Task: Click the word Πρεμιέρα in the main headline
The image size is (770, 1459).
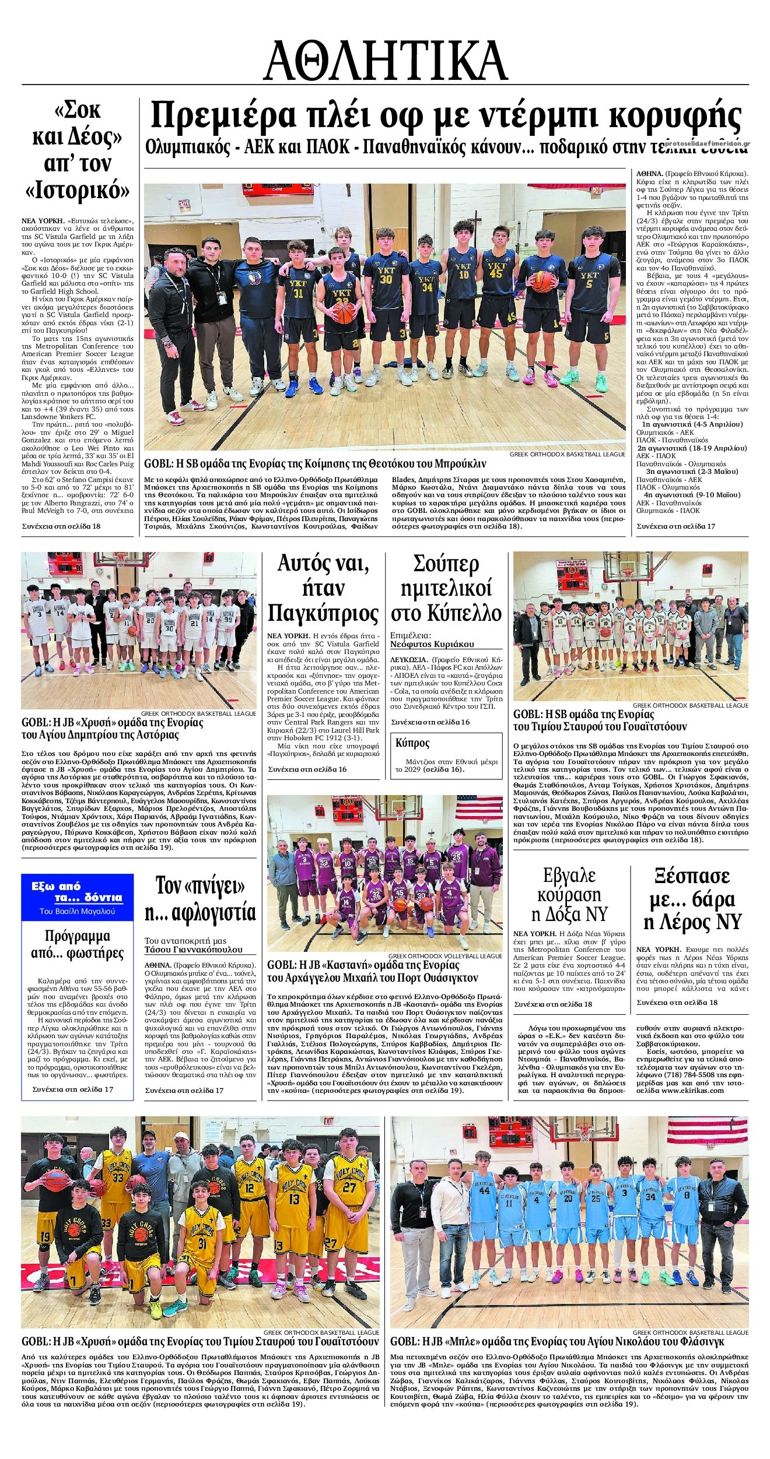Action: click(x=222, y=116)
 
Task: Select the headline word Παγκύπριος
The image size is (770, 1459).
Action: click(x=323, y=613)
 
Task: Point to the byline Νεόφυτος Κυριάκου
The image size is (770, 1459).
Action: click(x=432, y=644)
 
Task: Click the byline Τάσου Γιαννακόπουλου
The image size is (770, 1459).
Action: click(x=194, y=950)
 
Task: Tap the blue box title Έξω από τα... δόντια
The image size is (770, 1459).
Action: click(x=77, y=892)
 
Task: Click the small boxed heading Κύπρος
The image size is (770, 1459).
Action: click(x=412, y=743)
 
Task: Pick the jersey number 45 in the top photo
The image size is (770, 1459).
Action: click(x=496, y=273)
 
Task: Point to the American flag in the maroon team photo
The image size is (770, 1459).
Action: click(x=480, y=807)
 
